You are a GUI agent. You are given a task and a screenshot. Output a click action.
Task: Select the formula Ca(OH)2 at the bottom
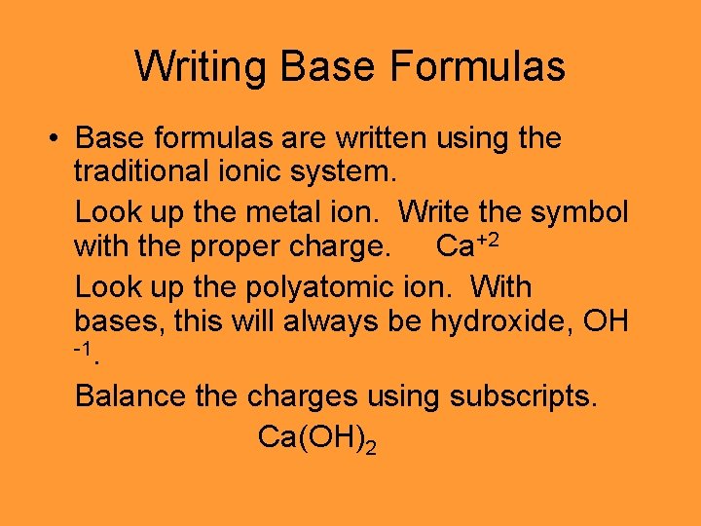pos(316,437)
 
